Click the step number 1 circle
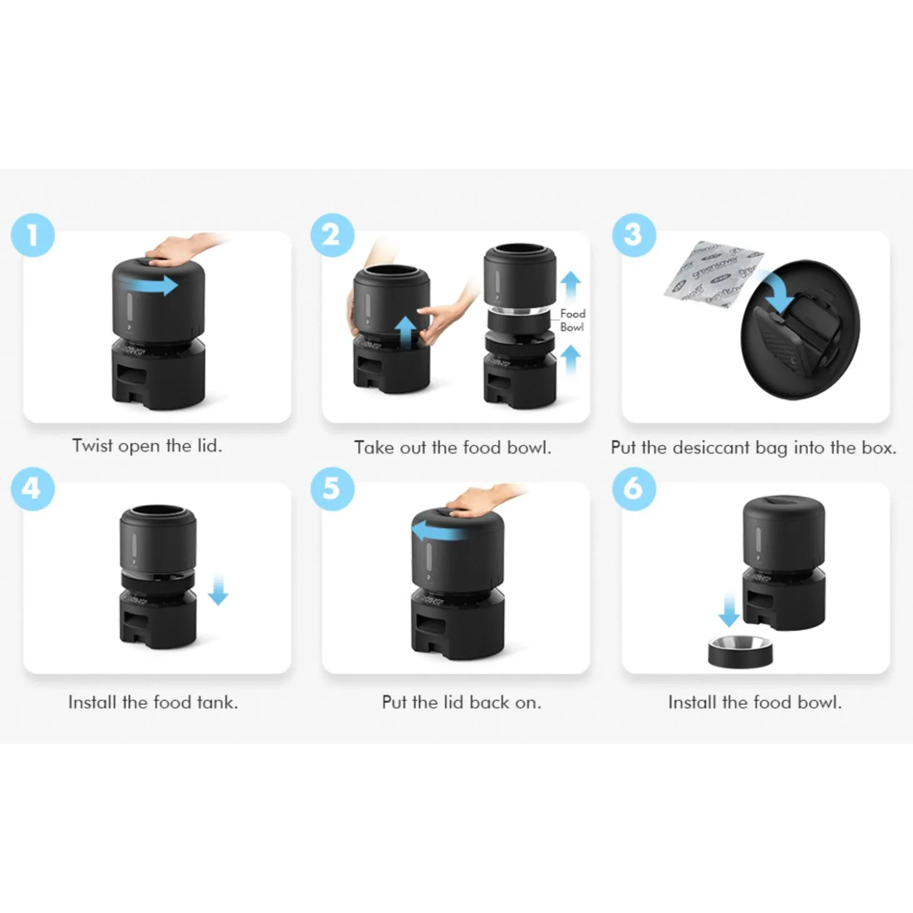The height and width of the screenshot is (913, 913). coord(33,236)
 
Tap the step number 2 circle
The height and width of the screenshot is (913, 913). coord(333,236)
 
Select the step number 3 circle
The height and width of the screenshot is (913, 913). coord(634,236)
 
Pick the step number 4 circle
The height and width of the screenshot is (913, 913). coord(33,488)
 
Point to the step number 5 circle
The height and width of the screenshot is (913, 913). coord(333,488)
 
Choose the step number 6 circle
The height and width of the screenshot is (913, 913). coord(634,488)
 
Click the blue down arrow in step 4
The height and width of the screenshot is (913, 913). coord(218,590)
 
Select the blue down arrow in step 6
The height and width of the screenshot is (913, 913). coord(729,611)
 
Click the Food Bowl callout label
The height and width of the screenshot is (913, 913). coord(572,320)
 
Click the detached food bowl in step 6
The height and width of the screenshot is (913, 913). coord(740,652)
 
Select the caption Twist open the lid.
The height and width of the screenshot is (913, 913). coord(147,446)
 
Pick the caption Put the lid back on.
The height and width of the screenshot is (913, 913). coord(462,702)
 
